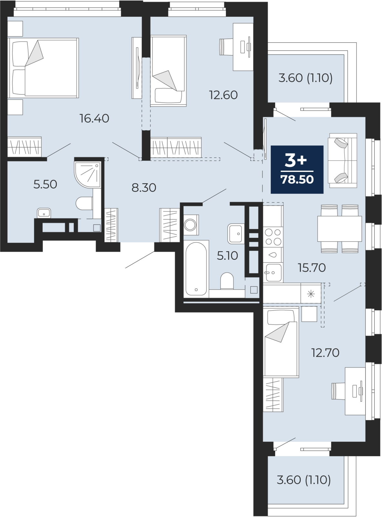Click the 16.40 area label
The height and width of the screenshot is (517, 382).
click(x=94, y=118)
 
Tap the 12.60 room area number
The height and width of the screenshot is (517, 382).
click(x=224, y=95)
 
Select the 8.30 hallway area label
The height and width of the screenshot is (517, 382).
click(x=144, y=188)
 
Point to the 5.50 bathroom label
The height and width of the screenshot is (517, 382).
click(x=45, y=185)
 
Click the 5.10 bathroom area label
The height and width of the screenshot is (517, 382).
click(x=227, y=256)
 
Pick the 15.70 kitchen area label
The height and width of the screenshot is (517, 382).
click(x=312, y=268)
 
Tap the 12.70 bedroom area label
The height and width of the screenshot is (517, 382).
click(x=326, y=353)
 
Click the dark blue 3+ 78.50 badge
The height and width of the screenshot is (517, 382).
click(x=297, y=169)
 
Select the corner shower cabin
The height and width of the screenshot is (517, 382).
click(x=87, y=174)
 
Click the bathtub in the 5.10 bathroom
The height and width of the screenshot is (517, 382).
click(x=196, y=269)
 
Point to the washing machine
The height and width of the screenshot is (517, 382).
click(x=191, y=225)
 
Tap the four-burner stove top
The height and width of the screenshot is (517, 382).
click(x=273, y=237)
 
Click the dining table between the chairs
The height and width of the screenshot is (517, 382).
click(x=340, y=229)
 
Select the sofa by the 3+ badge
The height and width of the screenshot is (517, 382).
click(x=342, y=161)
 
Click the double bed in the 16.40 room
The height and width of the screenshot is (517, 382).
click(x=43, y=68)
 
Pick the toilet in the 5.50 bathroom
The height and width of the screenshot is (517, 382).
click(x=84, y=203)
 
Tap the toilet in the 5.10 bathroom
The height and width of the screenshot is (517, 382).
click(x=227, y=281)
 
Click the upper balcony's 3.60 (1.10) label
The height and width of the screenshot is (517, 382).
click(x=306, y=78)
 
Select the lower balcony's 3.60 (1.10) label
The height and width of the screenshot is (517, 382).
click(x=304, y=480)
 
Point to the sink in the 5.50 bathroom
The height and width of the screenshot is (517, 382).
click(x=44, y=213)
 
